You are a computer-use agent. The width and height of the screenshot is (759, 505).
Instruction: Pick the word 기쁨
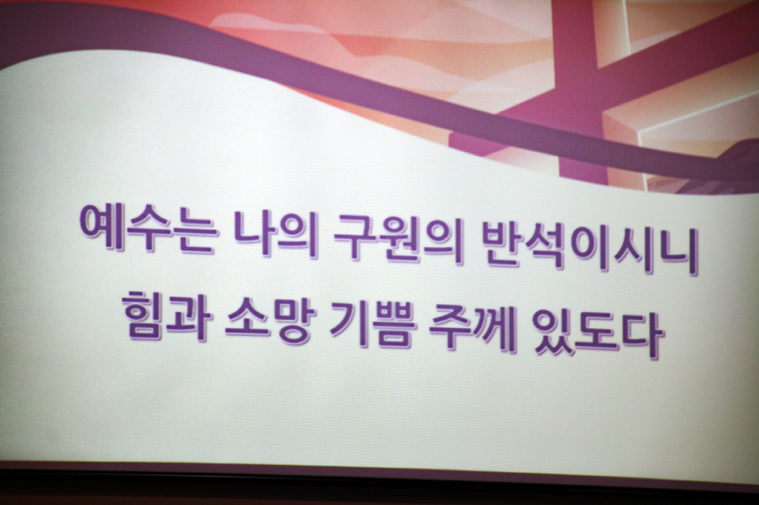tap(374, 324)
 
